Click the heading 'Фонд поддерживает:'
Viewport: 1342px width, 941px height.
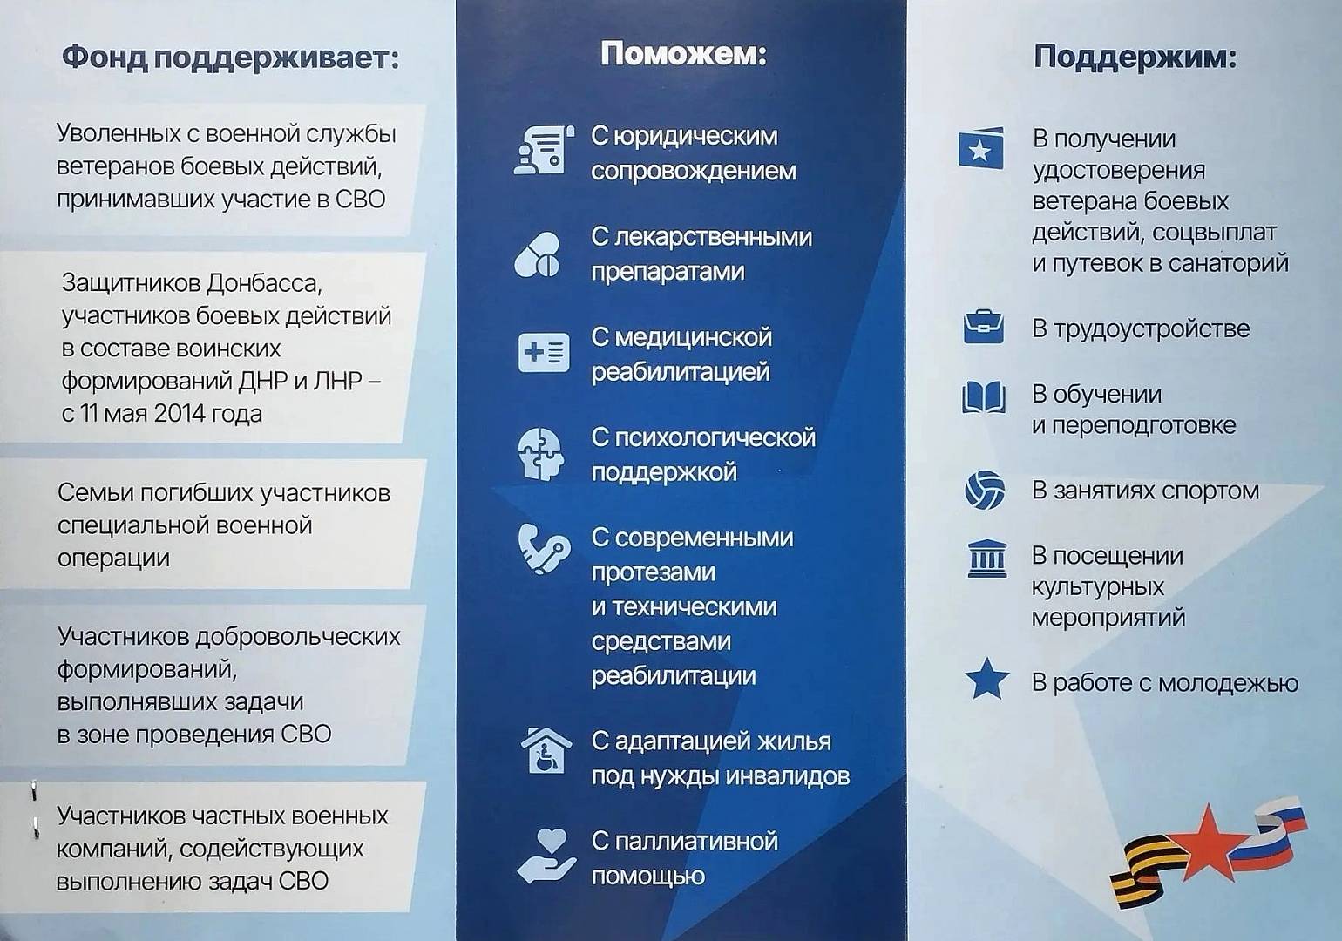coord(231,58)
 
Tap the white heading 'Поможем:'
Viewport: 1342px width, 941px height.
coord(683,54)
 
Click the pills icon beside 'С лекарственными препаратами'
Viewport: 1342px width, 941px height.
coord(538,254)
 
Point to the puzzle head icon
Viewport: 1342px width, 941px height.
coord(540,454)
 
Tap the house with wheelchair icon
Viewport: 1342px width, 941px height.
coord(546,750)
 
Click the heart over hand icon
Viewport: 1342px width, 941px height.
coord(546,856)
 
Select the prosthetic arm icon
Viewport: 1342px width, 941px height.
coord(544,549)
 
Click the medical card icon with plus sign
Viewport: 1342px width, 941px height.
coord(544,352)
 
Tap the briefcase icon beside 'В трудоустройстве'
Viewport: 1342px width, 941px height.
coord(984,327)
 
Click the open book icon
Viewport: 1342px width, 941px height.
coord(984,396)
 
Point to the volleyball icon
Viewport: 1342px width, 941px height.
coord(985,491)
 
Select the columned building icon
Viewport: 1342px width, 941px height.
coord(986,559)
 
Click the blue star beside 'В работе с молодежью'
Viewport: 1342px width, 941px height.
coord(986,679)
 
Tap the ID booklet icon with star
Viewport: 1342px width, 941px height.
coord(981,147)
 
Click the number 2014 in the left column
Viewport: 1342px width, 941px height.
coord(180,413)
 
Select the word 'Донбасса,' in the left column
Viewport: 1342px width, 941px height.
coord(264,283)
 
